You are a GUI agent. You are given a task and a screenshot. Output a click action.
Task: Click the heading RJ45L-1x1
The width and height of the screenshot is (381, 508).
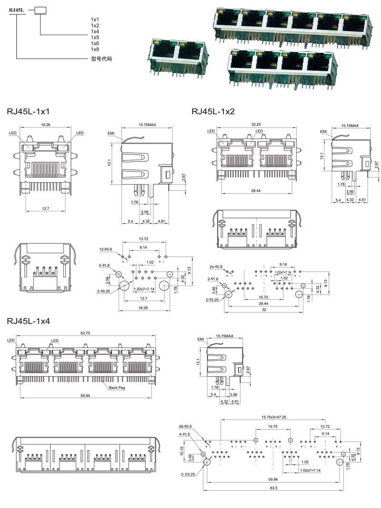tap(29, 112)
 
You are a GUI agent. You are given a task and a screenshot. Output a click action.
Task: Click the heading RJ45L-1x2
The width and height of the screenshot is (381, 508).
tap(213, 112)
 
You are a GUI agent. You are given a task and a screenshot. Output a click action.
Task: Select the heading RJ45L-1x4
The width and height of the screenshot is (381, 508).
tap(29, 321)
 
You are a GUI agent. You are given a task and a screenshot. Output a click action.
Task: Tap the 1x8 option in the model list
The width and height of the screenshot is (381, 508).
tap(95, 49)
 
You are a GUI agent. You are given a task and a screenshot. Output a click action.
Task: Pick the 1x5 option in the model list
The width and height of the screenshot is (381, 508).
tap(95, 37)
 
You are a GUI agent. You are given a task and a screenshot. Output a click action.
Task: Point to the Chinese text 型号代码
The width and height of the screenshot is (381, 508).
tap(101, 60)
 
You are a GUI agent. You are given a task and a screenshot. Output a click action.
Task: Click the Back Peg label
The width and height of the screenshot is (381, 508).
tap(117, 388)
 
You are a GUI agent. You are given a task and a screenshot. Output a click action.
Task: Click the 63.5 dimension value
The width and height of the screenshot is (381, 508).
tap(273, 488)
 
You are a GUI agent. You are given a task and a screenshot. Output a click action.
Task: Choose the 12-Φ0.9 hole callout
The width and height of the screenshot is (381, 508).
tap(106, 249)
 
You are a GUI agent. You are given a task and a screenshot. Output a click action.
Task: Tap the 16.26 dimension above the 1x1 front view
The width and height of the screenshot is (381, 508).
tap(46, 124)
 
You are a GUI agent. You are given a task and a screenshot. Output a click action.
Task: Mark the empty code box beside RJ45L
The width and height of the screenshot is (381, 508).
tap(40, 10)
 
